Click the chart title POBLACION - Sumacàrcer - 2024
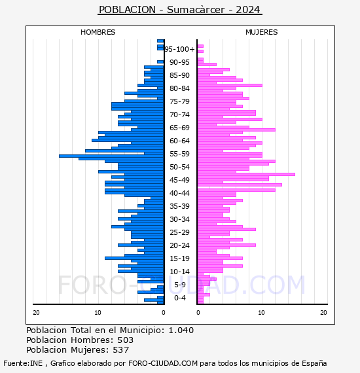coord(180,10)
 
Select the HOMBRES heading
coord(98,32)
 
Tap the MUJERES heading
coord(262,32)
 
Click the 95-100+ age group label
coord(179,49)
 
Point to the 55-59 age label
coord(179,154)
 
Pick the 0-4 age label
coord(179,298)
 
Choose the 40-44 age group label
coord(179,193)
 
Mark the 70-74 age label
coord(179,115)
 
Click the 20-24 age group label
coord(179,245)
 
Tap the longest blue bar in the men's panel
coord(111,156)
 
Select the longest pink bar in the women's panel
coord(246,174)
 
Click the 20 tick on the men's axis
coord(36,313)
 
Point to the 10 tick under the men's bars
coord(98,313)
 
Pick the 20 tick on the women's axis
coord(323,313)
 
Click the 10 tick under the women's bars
coord(262,313)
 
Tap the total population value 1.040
coord(181,330)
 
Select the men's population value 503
coord(126,340)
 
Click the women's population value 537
coord(121,349)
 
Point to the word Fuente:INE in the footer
coord(23,363)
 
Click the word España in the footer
coord(314,363)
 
